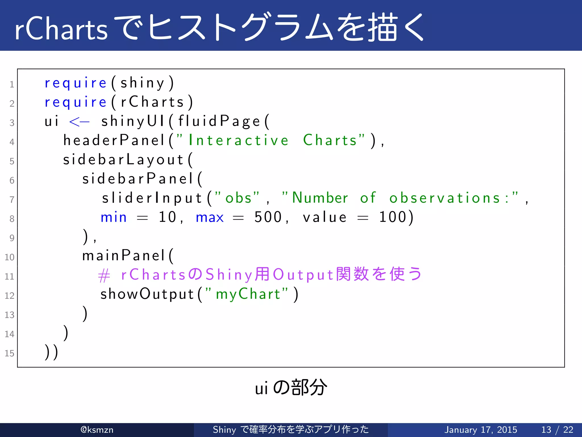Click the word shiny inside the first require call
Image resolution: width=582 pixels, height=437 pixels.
142,83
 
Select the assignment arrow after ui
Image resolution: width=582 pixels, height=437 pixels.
79,122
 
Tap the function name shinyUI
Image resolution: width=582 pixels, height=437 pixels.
133,121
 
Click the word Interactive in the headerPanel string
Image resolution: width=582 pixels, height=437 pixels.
239,140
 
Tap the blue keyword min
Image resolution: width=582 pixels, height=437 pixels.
113,217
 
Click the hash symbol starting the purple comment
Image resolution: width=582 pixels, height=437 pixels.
104,275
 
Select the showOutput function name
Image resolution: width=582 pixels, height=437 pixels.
147,294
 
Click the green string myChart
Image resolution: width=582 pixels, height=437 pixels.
248,294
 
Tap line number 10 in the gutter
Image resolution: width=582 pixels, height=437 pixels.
9,257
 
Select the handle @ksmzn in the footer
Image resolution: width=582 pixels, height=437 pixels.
97,430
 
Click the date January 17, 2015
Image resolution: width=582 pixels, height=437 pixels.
481,430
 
